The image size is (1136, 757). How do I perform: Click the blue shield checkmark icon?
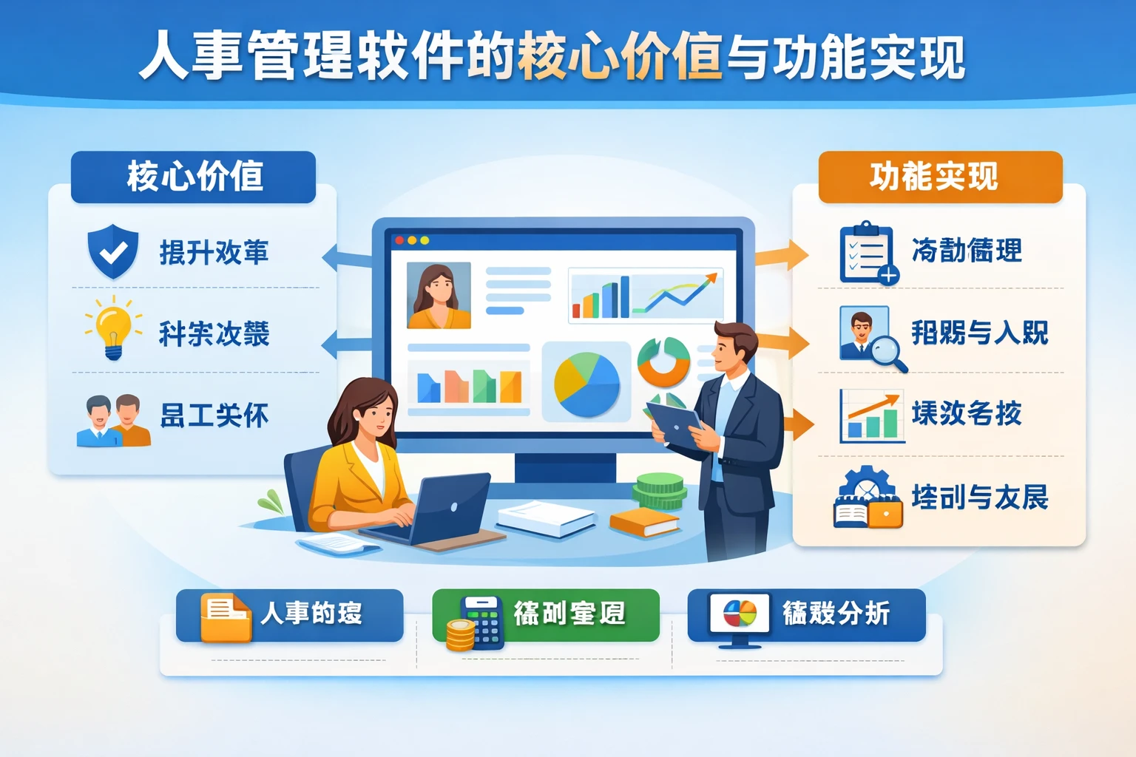click(112, 251)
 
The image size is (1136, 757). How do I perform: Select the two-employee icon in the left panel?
click(113, 420)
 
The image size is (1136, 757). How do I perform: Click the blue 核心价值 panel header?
click(193, 177)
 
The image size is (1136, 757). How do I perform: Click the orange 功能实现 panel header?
click(940, 177)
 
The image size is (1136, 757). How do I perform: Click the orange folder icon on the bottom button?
click(226, 617)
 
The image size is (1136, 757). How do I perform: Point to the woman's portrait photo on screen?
click(439, 295)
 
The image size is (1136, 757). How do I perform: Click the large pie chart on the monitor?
click(586, 384)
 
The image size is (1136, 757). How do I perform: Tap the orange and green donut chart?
click(663, 361)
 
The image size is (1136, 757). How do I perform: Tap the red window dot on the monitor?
click(399, 240)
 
